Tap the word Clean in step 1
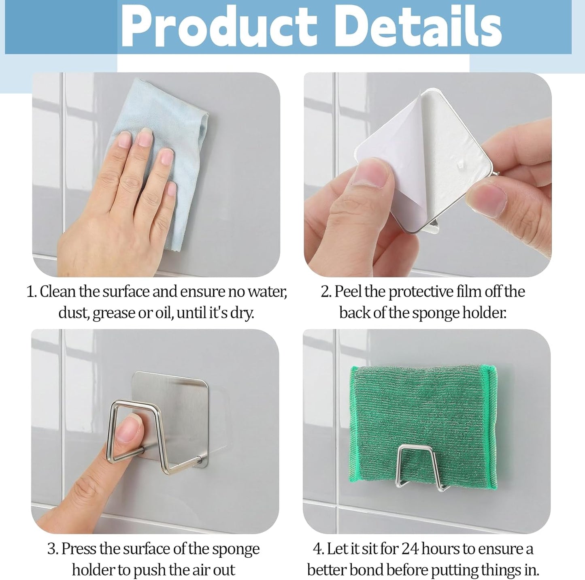tap(57, 291)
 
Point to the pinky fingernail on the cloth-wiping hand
tap(172, 189)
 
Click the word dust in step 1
tap(73, 313)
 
